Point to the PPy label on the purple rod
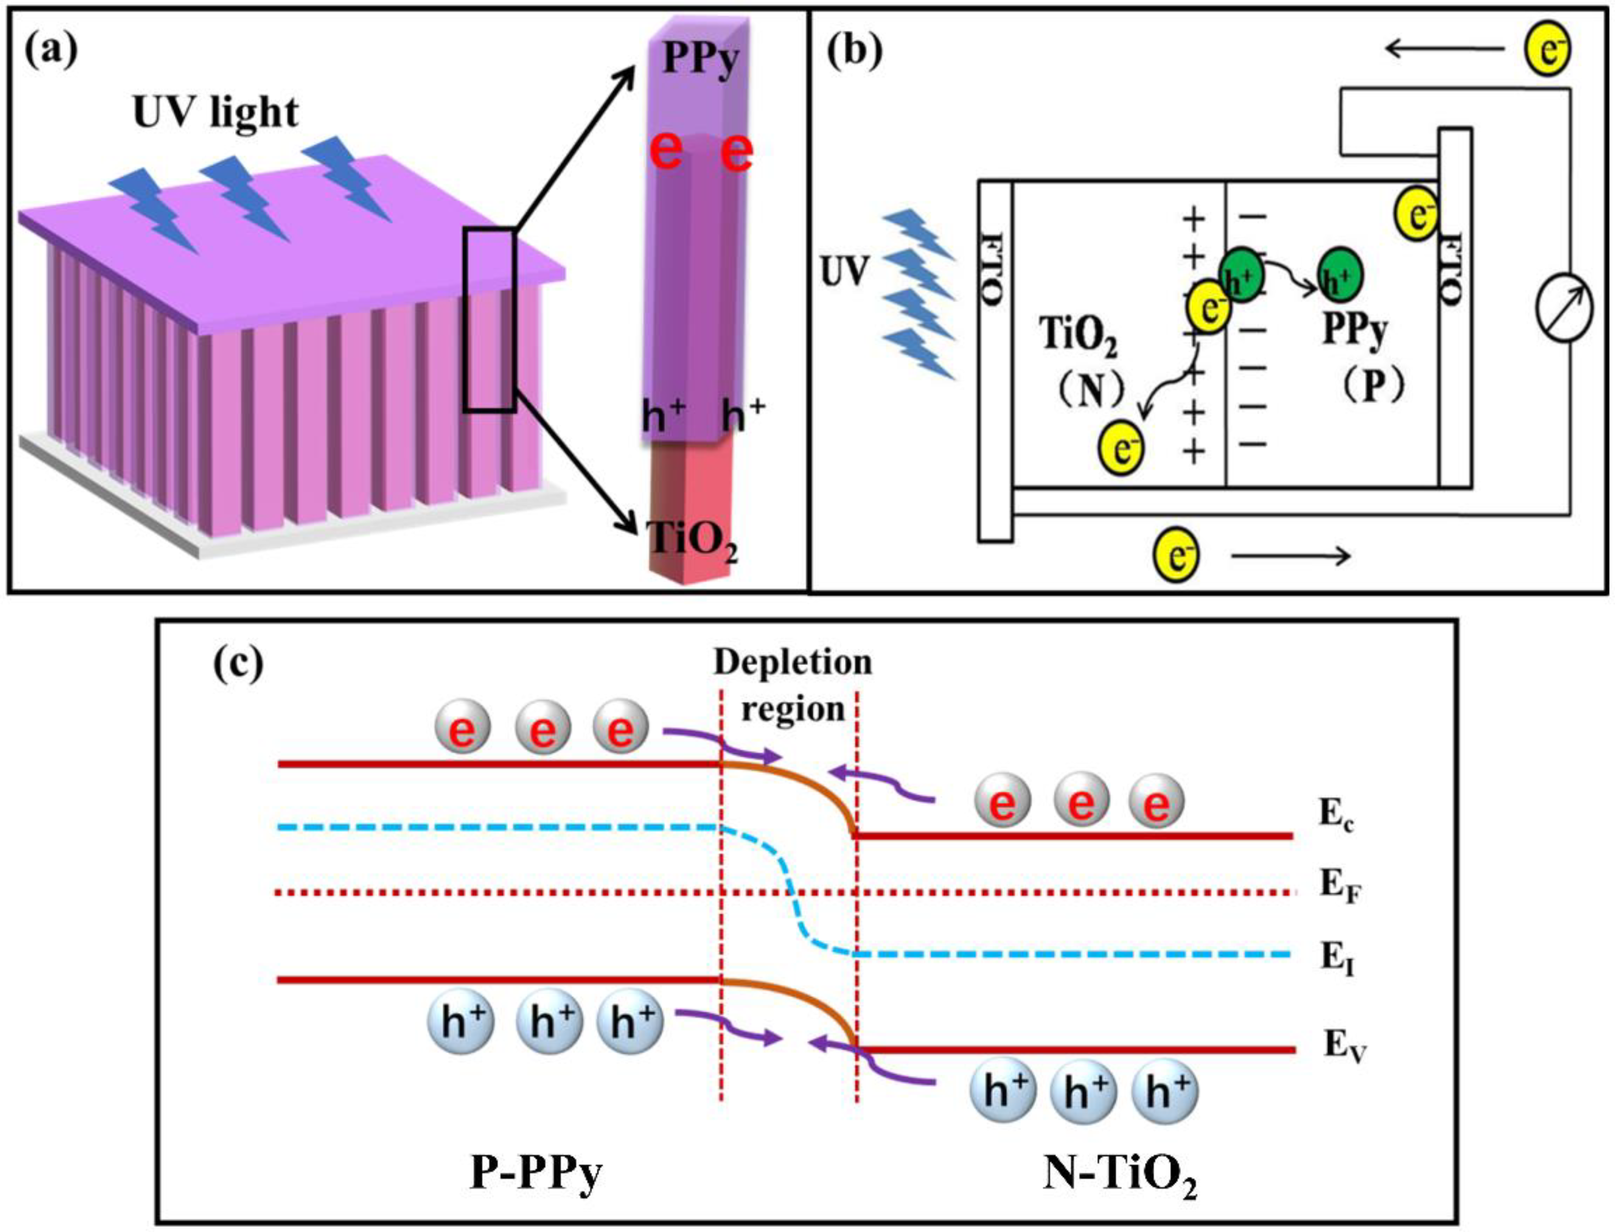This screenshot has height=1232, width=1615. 700,60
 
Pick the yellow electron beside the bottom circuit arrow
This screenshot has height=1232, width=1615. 1176,557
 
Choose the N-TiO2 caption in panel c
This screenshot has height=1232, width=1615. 1120,1177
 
